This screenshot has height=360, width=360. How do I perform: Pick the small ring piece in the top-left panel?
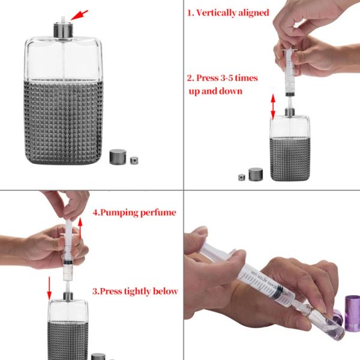click(133, 160)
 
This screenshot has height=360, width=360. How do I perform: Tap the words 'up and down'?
click(215, 91)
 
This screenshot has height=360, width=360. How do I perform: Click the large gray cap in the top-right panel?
click(256, 174)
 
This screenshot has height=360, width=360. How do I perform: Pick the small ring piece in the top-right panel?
click(241, 177)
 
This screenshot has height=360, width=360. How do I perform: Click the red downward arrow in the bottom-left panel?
click(50, 287)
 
